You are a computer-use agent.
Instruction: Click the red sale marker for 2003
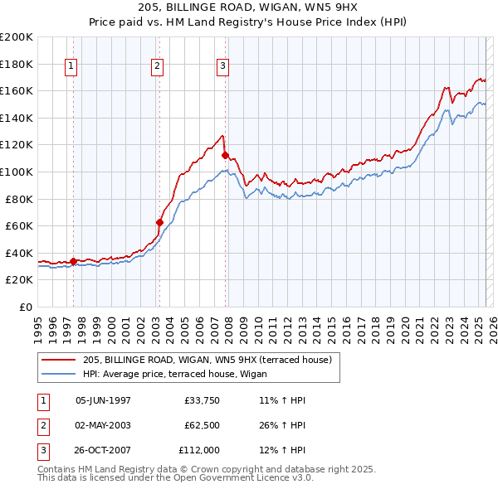pyautogui.click(x=159, y=222)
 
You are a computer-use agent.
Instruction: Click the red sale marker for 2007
pyautogui.click(x=226, y=155)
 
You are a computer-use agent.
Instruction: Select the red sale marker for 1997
pyautogui.click(x=73, y=261)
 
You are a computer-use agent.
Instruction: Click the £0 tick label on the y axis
pyautogui.click(x=25, y=307)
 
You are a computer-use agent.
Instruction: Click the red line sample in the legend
pyautogui.click(x=60, y=360)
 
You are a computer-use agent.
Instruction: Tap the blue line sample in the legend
pyautogui.click(x=60, y=374)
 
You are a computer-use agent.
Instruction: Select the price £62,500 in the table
pyautogui.click(x=202, y=425)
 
